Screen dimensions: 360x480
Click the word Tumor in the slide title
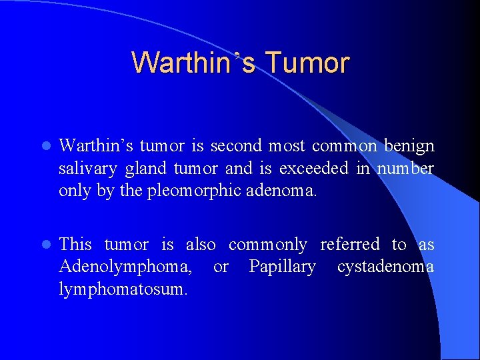click(x=307, y=63)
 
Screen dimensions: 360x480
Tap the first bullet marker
click(x=44, y=146)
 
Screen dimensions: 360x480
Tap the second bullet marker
click(x=44, y=245)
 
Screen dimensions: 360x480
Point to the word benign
click(x=409, y=146)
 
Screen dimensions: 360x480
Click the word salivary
click(x=84, y=168)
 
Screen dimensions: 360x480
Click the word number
click(x=405, y=168)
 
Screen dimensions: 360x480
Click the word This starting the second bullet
click(x=75, y=245)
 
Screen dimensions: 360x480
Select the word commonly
click(x=267, y=245)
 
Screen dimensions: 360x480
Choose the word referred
click(x=349, y=245)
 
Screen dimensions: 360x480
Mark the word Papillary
click(x=282, y=267)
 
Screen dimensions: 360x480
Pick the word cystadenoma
click(x=385, y=267)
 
